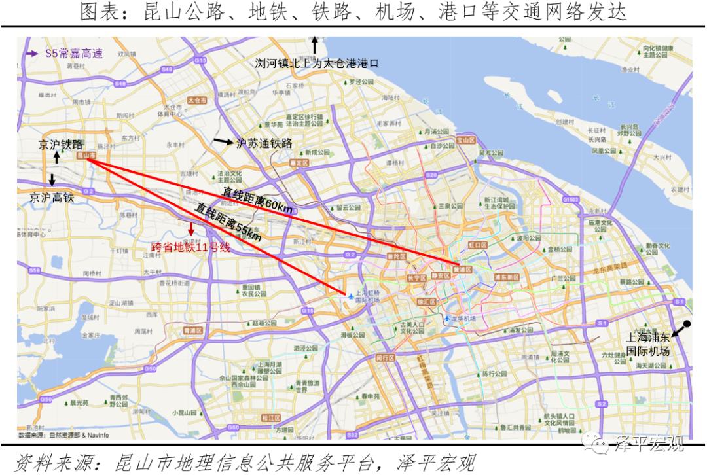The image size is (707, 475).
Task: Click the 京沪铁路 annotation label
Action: coord(60,145)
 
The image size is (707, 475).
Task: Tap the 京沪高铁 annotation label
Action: coord(52,196)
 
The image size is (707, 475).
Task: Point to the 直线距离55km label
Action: coord(228,222)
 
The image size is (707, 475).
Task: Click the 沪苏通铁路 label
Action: coord(264,143)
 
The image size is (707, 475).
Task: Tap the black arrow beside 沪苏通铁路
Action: coord(223,142)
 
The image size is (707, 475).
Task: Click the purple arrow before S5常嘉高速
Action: coord(31,54)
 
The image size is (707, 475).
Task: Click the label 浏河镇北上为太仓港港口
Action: coord(317,63)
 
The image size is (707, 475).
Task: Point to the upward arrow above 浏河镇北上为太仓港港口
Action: coord(315,44)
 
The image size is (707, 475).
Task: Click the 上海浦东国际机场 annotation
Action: coord(648,344)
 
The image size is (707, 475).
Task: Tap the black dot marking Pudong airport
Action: coord(687,324)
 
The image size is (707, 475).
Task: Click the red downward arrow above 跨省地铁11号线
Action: coord(191,230)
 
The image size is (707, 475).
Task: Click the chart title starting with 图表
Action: coord(353,12)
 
